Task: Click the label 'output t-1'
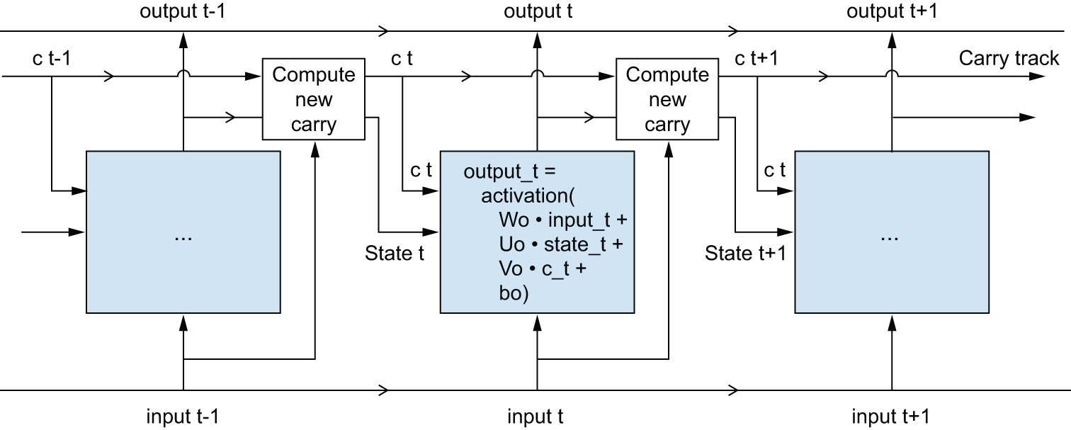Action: (x=183, y=12)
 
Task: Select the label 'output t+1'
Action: (x=892, y=12)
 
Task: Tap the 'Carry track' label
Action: (x=1009, y=58)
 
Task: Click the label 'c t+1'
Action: (x=756, y=58)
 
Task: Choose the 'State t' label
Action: (x=395, y=253)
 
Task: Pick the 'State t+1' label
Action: (x=745, y=253)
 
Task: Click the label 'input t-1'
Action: (x=183, y=417)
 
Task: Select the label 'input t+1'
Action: (x=890, y=417)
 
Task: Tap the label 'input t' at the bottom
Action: (x=535, y=417)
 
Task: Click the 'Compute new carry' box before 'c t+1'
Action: (x=667, y=100)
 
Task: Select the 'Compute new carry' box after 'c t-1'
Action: (x=313, y=100)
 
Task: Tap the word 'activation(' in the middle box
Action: (x=519, y=196)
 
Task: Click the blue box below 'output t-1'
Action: (x=183, y=232)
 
